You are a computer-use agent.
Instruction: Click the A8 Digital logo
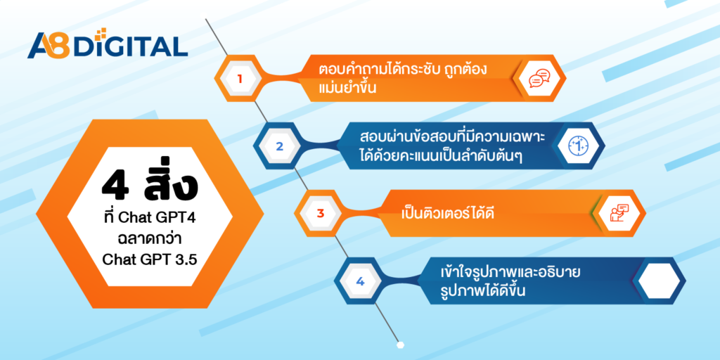click(108, 44)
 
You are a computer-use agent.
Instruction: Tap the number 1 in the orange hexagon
click(239, 79)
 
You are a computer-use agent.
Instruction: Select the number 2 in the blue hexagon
click(279, 147)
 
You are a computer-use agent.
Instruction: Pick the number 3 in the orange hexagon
click(320, 214)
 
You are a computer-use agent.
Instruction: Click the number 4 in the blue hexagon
click(359, 281)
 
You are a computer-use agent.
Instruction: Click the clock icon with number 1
click(579, 146)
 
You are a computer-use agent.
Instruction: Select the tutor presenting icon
click(619, 214)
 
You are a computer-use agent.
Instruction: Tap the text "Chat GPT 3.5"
click(149, 260)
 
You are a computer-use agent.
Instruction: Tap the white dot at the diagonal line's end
click(400, 345)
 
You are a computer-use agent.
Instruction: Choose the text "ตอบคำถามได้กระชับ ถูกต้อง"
click(403, 71)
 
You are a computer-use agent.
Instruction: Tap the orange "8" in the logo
click(60, 45)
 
